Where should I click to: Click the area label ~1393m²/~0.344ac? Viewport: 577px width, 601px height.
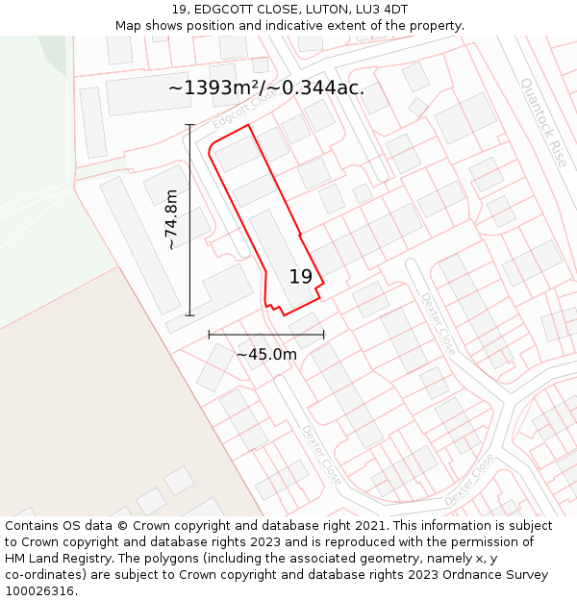pos(266,88)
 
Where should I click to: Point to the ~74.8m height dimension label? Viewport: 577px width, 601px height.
pos(171,219)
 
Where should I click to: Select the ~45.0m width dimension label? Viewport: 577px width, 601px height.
pos(266,354)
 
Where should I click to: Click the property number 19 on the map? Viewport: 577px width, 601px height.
pos(301,277)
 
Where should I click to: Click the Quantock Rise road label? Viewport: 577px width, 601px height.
pos(544,121)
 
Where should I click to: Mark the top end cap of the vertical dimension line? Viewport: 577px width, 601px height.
pos(189,125)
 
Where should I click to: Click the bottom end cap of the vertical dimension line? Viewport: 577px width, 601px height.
pos(189,314)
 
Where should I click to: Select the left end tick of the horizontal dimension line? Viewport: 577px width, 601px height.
pos(210,335)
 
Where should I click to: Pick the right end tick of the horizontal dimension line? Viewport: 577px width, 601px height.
pos(323,335)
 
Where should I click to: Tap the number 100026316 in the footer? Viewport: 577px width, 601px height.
pos(41,591)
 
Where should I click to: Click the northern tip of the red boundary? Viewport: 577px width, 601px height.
pos(249,125)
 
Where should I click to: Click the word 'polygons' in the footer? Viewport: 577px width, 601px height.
pos(182,559)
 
